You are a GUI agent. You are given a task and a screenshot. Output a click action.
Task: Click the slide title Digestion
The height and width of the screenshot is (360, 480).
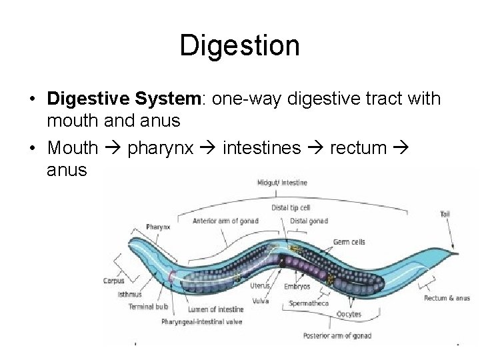click(239, 46)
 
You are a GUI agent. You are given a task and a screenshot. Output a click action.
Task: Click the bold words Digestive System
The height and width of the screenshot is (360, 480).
click(123, 99)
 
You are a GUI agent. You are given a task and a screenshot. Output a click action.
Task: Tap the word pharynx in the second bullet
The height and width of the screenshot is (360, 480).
click(160, 147)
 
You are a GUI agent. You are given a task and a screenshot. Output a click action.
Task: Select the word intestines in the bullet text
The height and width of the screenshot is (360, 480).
click(261, 147)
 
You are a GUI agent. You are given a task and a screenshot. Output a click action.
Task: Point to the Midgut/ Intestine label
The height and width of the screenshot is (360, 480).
click(282, 183)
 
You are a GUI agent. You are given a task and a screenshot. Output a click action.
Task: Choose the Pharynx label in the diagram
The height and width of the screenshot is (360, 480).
click(158, 227)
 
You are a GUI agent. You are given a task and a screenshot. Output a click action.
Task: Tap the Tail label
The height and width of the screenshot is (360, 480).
click(445, 214)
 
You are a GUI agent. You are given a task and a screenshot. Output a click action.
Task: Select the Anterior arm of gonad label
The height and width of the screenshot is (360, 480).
click(225, 221)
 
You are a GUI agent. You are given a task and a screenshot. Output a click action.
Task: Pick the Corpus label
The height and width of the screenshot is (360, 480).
click(113, 281)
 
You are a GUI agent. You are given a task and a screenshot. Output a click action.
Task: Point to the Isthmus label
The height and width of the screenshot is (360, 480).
click(129, 294)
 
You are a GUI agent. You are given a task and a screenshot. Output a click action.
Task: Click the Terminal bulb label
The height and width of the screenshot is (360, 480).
click(148, 307)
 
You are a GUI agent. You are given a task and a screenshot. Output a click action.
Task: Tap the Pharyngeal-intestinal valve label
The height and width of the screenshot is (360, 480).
click(201, 321)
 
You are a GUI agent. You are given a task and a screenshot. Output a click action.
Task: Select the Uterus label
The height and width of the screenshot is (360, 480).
click(259, 286)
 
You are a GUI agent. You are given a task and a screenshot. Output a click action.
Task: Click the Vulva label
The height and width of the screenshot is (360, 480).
click(261, 301)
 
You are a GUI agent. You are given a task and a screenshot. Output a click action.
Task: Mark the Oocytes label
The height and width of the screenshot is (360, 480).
click(349, 314)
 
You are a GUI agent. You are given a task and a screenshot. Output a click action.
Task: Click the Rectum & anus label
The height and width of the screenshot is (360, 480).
click(447, 298)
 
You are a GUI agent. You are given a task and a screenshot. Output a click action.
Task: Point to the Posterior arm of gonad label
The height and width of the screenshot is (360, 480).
click(337, 335)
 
